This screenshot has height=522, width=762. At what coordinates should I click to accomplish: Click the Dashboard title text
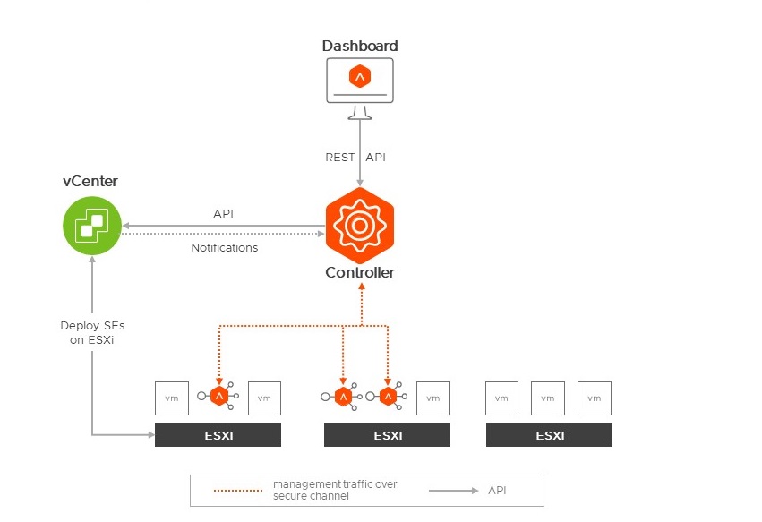359,46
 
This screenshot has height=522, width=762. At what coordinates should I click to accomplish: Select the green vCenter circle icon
92,225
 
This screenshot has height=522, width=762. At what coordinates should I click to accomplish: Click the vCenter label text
90,182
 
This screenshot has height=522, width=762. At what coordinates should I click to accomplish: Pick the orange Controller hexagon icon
359,225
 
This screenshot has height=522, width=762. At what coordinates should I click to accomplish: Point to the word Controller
359,272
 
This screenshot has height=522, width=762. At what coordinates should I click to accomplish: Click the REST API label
355,158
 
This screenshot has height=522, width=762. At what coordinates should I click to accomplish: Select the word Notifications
225,247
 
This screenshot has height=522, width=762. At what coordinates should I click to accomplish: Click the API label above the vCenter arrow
224,214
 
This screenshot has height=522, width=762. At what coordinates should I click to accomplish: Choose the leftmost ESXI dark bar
218,435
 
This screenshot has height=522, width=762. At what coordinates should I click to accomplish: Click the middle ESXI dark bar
387,435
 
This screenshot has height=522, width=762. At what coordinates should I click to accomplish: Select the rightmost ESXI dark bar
549,435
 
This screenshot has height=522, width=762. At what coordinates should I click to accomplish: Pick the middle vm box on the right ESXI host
547,398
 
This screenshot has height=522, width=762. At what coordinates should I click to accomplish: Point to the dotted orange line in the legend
240,491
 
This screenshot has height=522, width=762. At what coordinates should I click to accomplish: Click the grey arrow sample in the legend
455,491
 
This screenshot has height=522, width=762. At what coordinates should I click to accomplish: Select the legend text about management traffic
334,490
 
